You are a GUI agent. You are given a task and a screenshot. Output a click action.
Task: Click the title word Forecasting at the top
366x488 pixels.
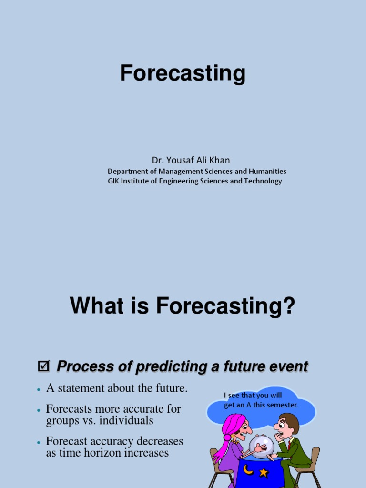183,73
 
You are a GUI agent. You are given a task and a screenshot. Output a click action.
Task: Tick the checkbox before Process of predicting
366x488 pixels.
43,366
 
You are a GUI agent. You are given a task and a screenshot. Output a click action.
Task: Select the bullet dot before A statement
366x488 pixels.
39,390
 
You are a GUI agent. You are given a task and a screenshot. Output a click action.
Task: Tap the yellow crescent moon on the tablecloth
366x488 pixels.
248,469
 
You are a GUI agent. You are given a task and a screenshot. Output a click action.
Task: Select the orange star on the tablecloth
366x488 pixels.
263,473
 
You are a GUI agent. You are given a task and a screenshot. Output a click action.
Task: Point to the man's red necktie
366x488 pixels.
289,445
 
